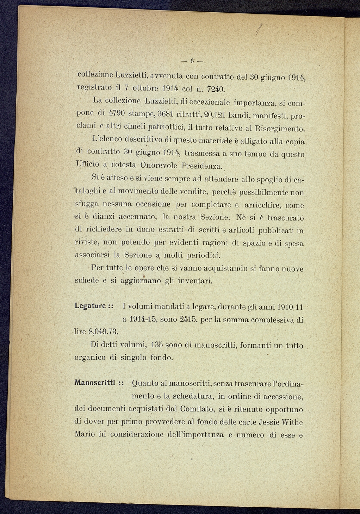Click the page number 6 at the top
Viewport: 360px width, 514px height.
tap(193, 61)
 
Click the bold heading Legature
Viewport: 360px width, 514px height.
tap(91, 305)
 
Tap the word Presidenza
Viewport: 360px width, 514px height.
tap(203, 166)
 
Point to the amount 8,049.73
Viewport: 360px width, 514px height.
tap(103, 332)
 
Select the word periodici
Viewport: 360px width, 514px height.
tap(204, 255)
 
